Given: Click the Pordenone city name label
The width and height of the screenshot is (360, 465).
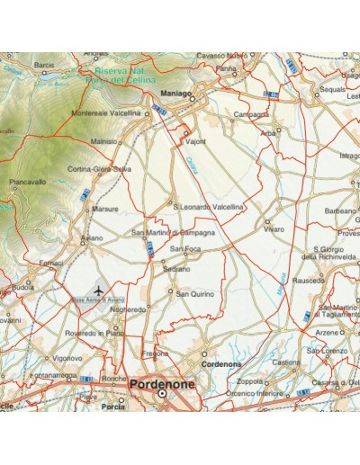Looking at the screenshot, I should click(163, 383).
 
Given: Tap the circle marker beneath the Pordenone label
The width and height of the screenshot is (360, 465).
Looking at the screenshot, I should click(163, 394).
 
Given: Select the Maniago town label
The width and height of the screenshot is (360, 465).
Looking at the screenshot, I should click(175, 93).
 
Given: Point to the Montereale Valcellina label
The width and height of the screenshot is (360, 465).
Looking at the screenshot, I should click(106, 113).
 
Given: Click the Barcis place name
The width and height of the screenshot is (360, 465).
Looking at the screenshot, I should click(44, 66).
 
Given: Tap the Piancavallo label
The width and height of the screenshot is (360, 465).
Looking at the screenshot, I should click(28, 182).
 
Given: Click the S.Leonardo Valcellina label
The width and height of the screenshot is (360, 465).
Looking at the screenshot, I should click(208, 207).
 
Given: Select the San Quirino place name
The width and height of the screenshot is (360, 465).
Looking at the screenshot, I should click(194, 293).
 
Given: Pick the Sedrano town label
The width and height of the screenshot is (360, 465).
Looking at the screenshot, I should click(177, 269).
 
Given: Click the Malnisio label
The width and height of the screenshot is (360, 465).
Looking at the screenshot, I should click(105, 141).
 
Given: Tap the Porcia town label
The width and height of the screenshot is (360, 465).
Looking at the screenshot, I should click(113, 406).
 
